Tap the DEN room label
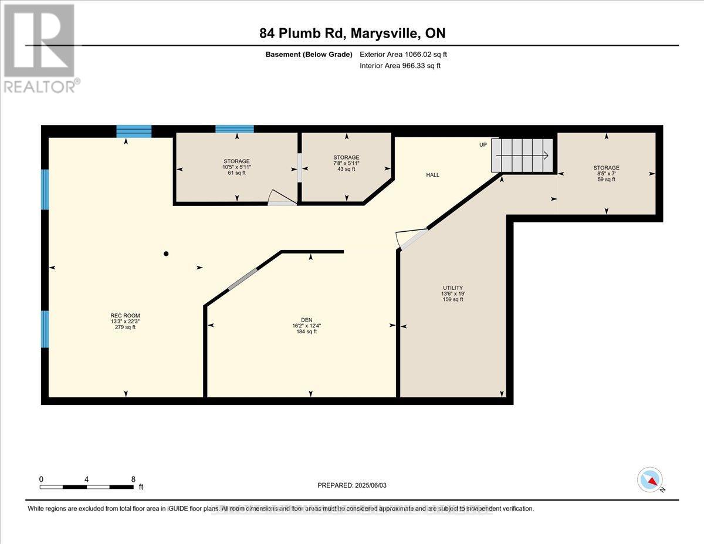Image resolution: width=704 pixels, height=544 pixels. [306, 326]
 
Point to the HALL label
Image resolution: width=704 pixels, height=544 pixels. [432, 175]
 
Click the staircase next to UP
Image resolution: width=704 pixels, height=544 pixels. [522, 156]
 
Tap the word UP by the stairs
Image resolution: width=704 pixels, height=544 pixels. [483, 145]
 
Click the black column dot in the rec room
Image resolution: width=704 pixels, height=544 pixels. [166, 254]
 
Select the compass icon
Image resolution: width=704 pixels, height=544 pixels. [650, 479]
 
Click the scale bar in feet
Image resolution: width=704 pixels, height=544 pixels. [87, 486]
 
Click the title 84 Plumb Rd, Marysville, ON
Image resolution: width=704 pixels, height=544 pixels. [352, 33]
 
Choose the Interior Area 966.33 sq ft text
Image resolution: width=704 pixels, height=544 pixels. [400, 66]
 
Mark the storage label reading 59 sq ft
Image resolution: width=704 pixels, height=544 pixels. [606, 174]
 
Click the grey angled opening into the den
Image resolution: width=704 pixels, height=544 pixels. [242, 279]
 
